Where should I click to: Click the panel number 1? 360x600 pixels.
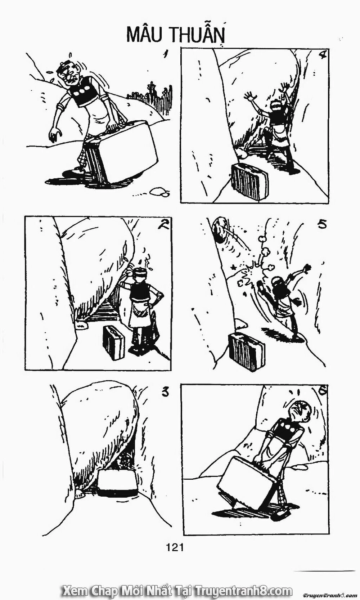(166, 55)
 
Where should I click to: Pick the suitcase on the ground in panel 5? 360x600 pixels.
(246, 351)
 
